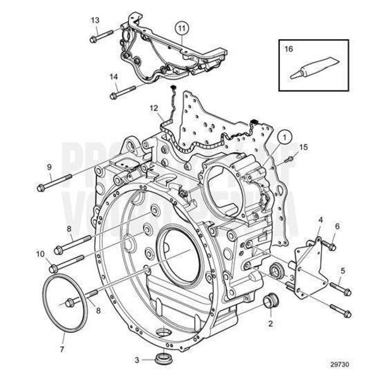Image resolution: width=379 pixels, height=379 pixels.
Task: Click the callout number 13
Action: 95,20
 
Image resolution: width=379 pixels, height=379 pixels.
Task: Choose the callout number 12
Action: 153,108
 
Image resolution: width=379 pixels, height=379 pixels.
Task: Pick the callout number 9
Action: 49,167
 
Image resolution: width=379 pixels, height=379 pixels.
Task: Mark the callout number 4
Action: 320,220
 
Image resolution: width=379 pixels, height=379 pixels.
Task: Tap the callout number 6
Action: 337,226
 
